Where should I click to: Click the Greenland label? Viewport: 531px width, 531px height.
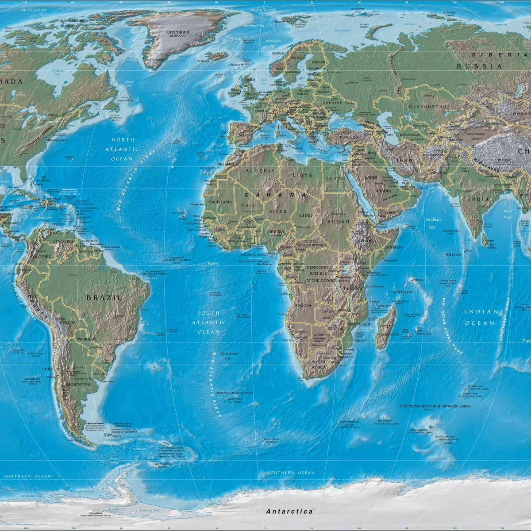177,32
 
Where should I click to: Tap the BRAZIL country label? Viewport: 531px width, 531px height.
104,298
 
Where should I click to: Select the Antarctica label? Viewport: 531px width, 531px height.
290,511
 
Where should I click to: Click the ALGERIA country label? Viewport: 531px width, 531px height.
260,170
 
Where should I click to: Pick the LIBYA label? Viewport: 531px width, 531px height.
302,175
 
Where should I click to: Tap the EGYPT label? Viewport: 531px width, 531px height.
335,178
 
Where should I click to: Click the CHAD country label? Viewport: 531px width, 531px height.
305,215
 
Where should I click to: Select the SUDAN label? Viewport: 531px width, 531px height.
339,221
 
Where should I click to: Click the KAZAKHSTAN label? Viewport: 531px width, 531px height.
427,107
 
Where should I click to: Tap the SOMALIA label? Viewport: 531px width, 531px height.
394,247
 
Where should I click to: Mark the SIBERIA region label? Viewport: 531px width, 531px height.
498,55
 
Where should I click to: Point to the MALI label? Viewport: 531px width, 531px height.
248,206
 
